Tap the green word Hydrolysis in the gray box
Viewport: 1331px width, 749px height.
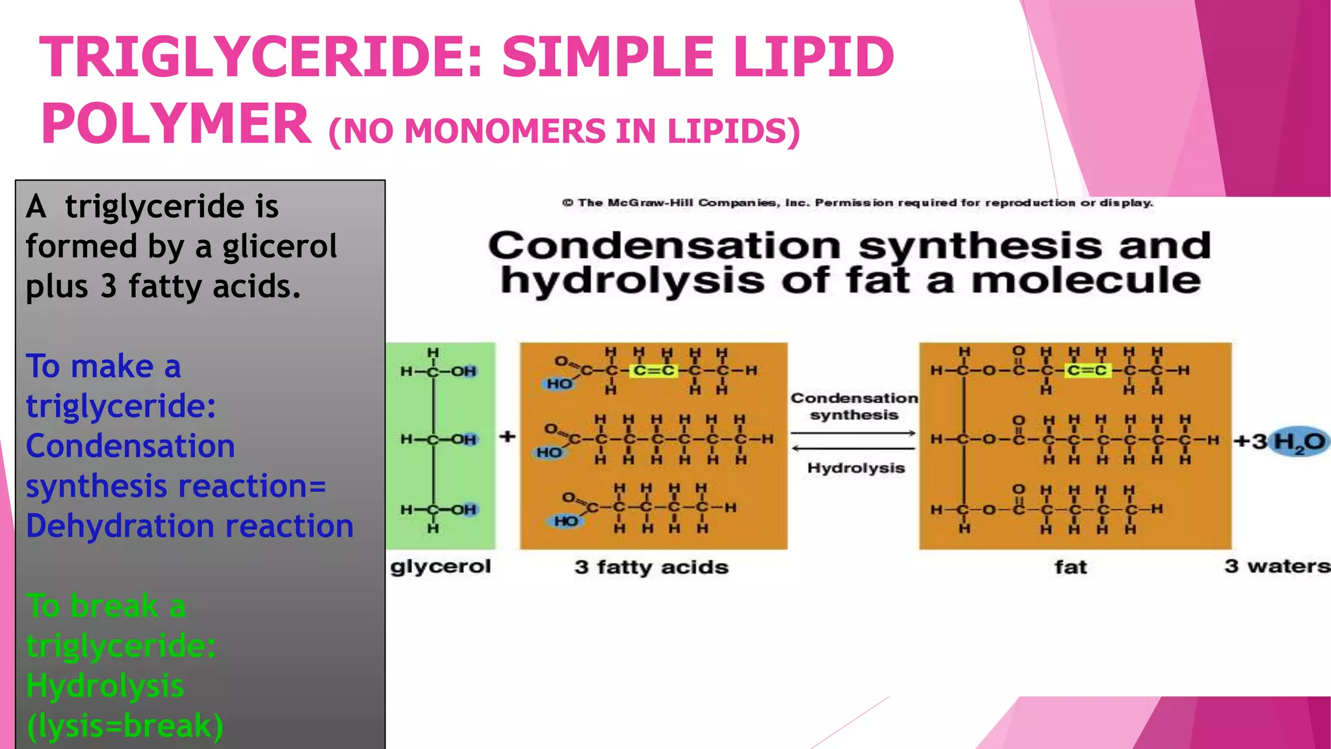click(x=105, y=686)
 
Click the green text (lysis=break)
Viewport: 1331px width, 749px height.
click(x=125, y=726)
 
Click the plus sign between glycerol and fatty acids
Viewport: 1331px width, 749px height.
click(x=508, y=436)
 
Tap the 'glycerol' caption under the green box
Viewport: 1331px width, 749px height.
click(x=441, y=566)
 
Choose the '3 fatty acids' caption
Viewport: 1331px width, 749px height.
click(x=651, y=568)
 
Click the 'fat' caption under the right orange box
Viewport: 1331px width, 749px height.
click(x=1070, y=568)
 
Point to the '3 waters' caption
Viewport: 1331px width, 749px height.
click(x=1277, y=566)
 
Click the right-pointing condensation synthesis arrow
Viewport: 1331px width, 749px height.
click(x=853, y=433)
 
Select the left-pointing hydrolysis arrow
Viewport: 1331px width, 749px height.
click(x=853, y=448)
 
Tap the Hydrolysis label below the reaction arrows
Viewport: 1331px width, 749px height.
click(x=856, y=468)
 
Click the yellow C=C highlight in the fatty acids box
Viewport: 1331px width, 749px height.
click(x=654, y=371)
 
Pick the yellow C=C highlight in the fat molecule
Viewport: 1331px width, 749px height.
click(x=1087, y=371)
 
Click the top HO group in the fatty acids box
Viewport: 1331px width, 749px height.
click(x=559, y=384)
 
